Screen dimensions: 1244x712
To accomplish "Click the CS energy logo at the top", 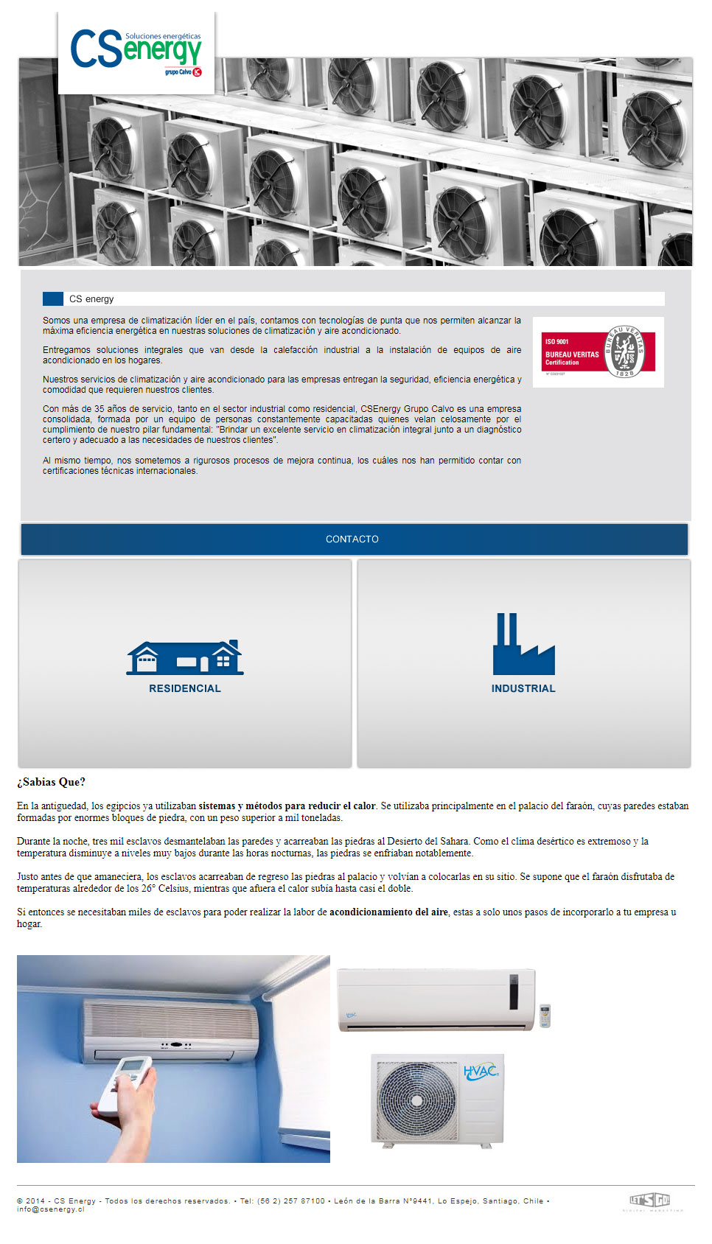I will pos(136,52).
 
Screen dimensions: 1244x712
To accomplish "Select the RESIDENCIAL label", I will pos(185,688).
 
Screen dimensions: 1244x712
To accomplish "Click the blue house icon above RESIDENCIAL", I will pos(185,657).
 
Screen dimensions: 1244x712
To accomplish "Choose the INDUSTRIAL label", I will pos(523,688).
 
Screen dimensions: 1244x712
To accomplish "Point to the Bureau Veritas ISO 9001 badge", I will pos(598,352).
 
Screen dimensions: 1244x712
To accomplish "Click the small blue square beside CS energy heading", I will pos(53,298).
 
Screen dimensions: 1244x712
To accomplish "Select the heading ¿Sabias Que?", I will pos(52,782).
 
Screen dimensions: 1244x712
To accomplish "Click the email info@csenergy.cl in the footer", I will pos(51,1209).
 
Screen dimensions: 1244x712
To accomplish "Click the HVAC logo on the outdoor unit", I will pos(481,1071).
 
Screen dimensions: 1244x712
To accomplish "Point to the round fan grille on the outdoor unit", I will pos(417,1100).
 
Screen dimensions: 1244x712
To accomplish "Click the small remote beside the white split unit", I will pos(545,1016).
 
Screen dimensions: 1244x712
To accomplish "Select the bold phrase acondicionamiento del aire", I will pos(388,912).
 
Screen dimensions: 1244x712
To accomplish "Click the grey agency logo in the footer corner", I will pos(651,1201).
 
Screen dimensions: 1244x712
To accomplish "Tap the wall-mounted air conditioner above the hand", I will pos(171,1030).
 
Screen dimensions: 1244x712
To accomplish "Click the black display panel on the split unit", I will pos(513,991).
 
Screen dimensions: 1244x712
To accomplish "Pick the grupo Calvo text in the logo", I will pos(178,72).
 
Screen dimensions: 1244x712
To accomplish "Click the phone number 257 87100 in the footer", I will pos(304,1201).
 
